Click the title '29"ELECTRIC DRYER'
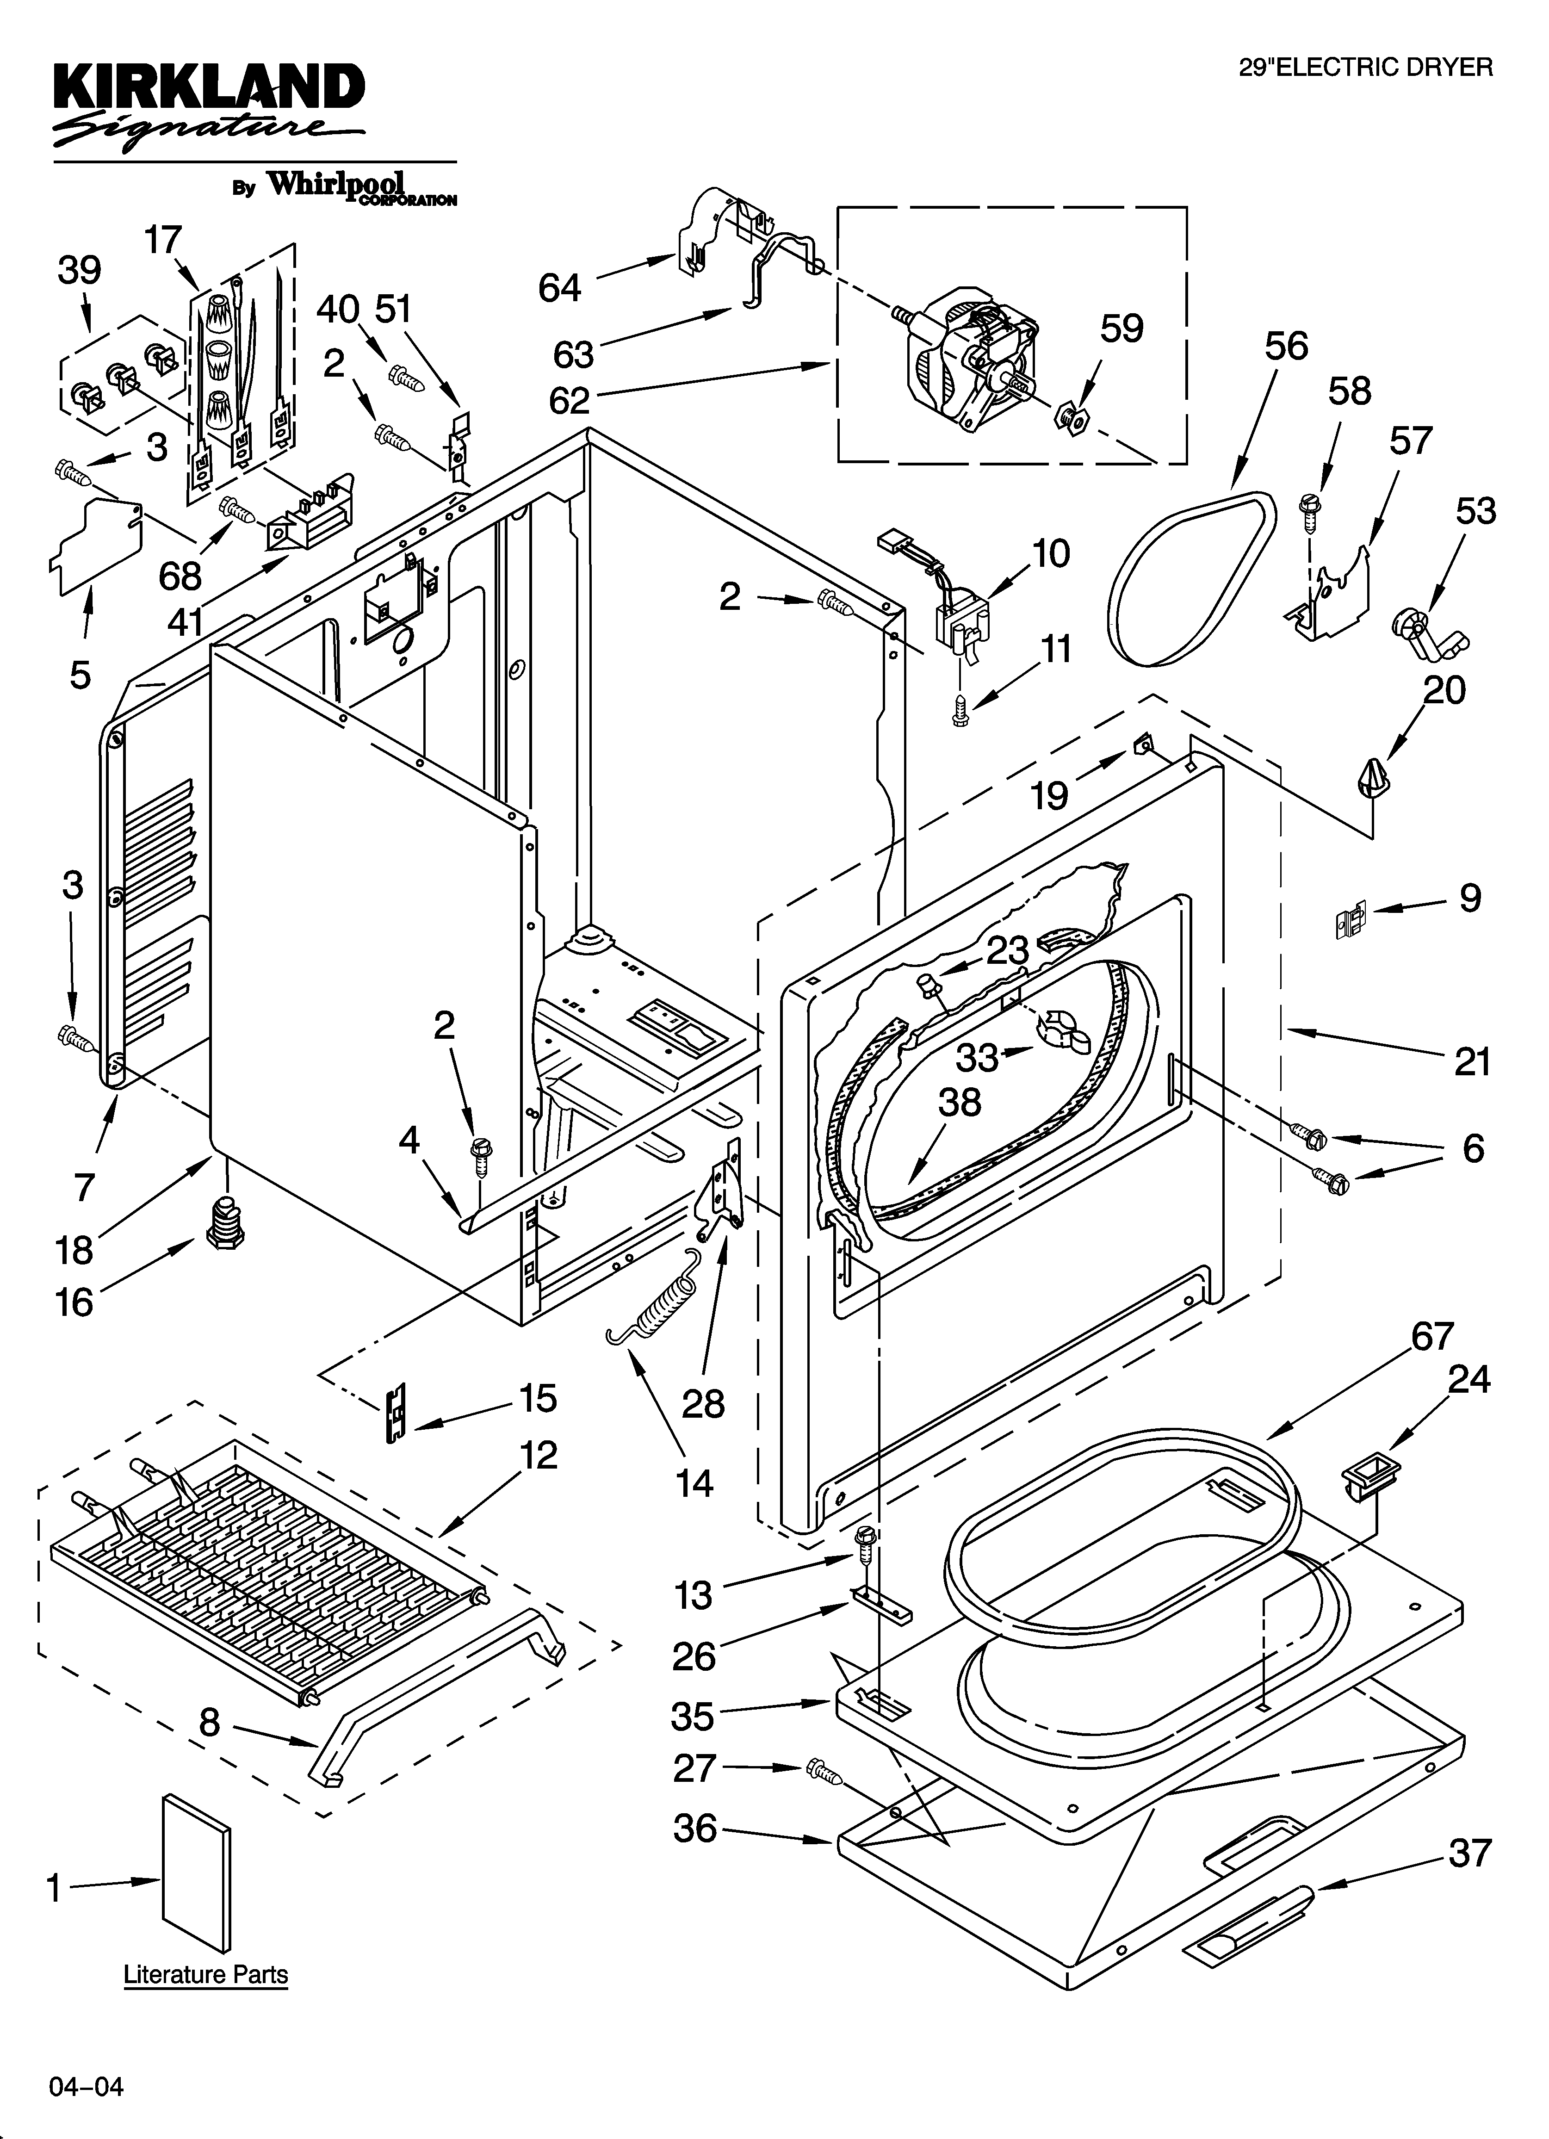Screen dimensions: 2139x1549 point(1365,67)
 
